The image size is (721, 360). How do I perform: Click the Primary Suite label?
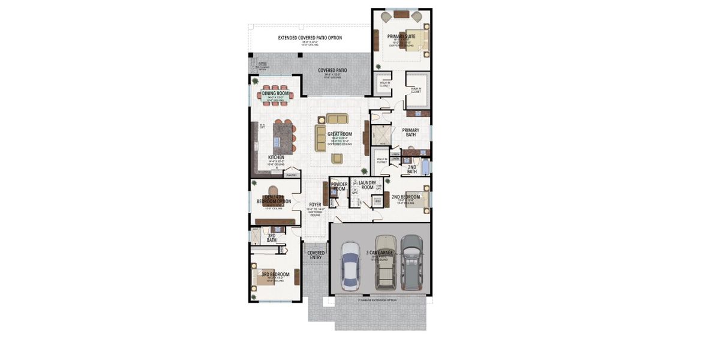[401, 37]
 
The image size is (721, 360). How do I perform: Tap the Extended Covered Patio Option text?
[310, 38]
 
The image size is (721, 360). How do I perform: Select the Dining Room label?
[276, 94]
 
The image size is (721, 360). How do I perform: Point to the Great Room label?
[340, 134]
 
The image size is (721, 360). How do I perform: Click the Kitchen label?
[276, 158]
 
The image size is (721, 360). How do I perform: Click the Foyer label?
[315, 205]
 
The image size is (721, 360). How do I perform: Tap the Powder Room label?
[339, 187]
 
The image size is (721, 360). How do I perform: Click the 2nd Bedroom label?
[405, 197]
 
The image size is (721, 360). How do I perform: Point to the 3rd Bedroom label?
[275, 274]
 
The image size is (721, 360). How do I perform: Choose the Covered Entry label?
[316, 255]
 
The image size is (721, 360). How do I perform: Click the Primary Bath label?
[411, 132]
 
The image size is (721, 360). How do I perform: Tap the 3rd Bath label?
[271, 238]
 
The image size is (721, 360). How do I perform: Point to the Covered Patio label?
[332, 70]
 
